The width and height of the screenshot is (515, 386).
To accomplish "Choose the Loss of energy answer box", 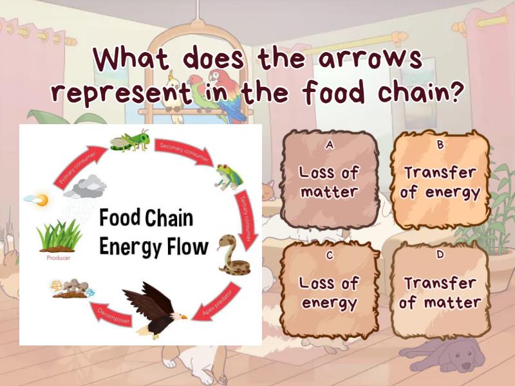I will pos(330,291).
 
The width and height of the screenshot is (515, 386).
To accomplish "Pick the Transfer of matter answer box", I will pos(440,291).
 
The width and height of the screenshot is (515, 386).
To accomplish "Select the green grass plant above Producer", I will pos(59,235).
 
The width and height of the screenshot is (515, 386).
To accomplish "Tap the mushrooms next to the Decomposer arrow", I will pos(71,289).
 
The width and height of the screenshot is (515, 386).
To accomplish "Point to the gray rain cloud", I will pos(88,187).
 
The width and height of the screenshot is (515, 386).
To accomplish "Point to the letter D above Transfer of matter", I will pos(440,255).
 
